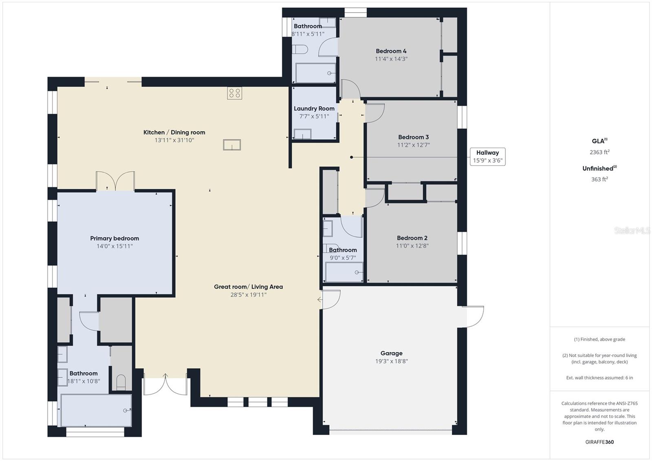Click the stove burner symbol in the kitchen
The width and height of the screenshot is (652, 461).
click(234, 93)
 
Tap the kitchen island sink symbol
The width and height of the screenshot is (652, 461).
click(232, 145)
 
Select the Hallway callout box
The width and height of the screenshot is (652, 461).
click(487, 157)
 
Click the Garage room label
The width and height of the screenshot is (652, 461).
click(391, 353)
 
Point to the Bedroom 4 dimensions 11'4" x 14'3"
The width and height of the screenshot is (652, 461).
click(391, 59)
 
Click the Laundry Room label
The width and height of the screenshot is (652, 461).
click(314, 108)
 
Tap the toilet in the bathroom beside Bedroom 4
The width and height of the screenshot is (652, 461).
click(300, 50)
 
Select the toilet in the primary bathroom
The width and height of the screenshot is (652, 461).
click(121, 382)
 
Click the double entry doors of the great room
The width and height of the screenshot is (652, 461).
click(165, 384)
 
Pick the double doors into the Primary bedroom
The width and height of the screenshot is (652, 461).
click(115, 181)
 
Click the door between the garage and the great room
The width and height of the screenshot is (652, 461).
click(330, 299)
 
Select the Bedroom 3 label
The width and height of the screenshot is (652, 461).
click(413, 137)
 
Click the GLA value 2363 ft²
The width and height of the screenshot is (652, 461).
click(599, 152)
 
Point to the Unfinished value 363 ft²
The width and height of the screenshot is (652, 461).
click(599, 179)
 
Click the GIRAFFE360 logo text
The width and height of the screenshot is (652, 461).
click(599, 442)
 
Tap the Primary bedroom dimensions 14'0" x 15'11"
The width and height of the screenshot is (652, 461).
click(115, 246)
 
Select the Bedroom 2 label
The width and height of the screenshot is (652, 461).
click(412, 238)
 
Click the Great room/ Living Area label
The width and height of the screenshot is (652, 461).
click(248, 287)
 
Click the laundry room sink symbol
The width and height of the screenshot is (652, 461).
click(302, 134)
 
